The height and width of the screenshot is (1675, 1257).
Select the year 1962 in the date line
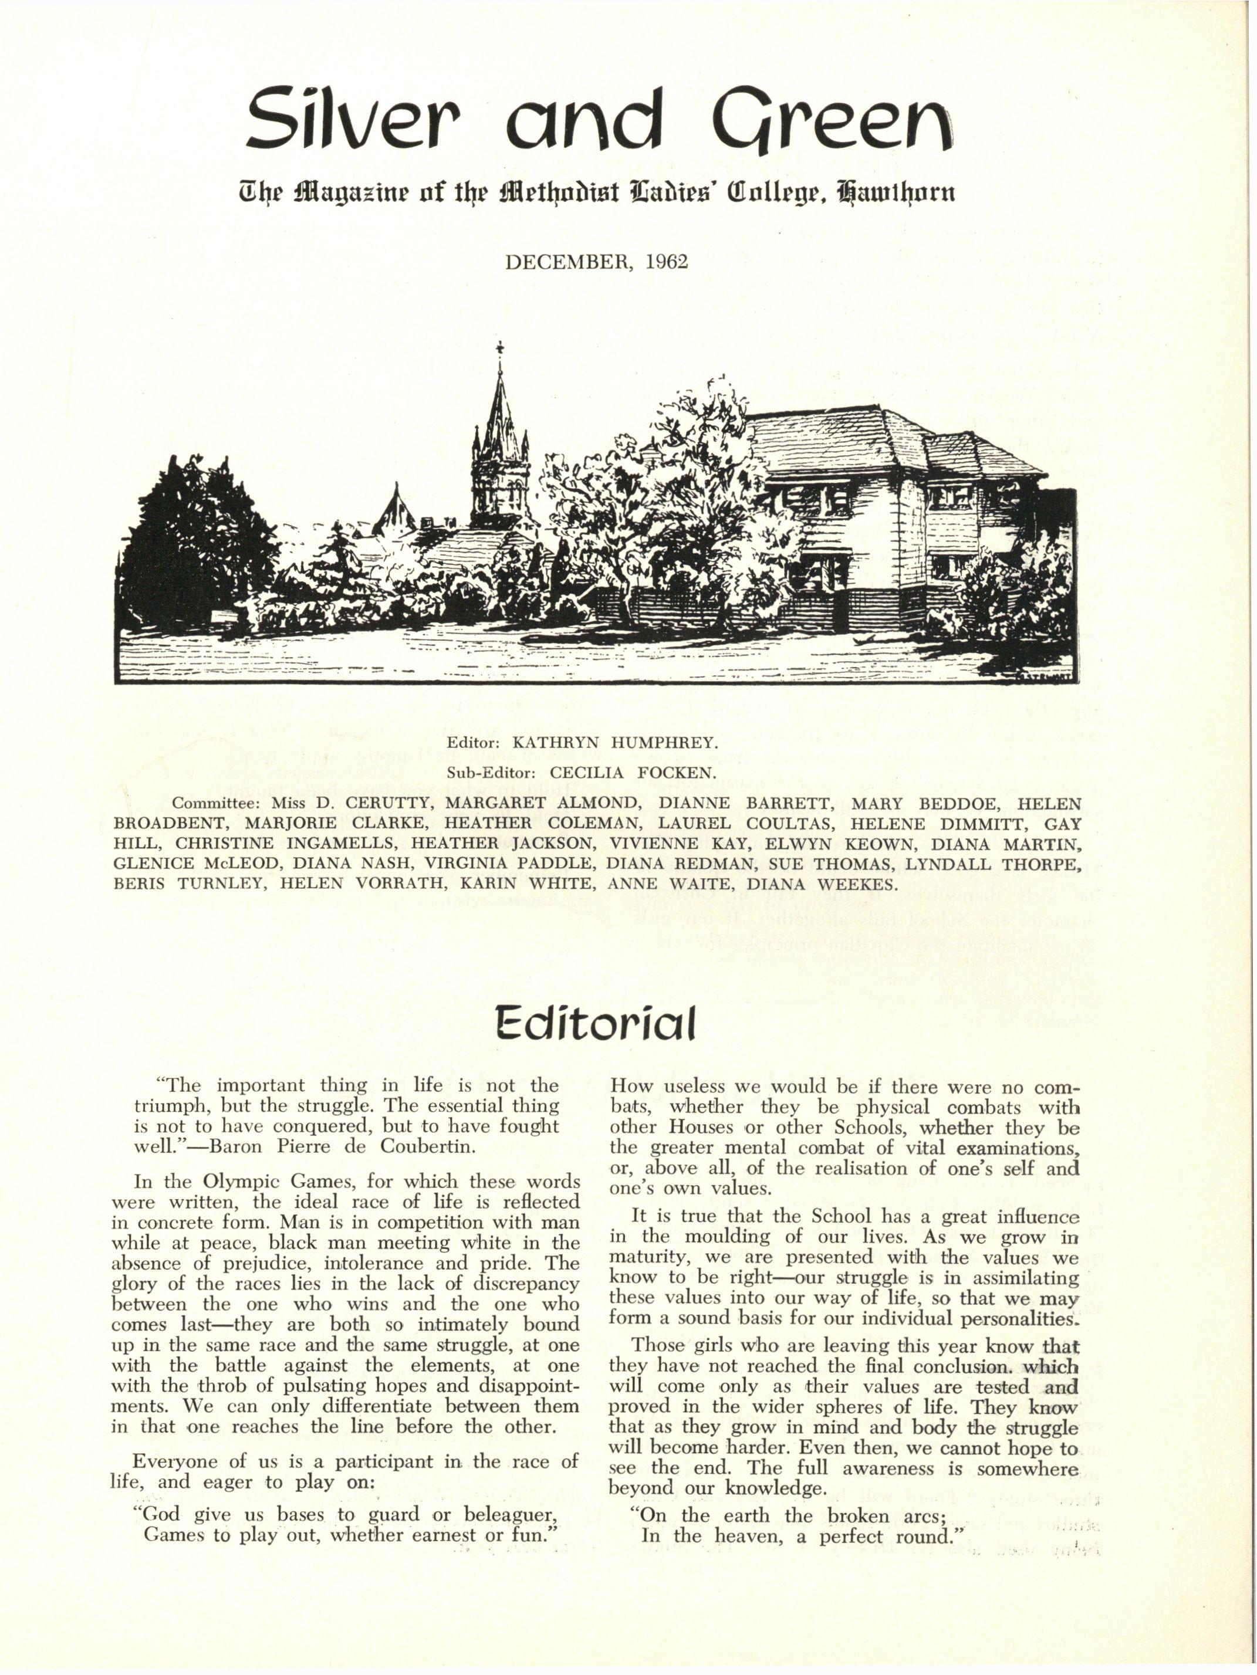(667, 262)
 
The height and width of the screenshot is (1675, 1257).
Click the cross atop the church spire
(499, 349)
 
